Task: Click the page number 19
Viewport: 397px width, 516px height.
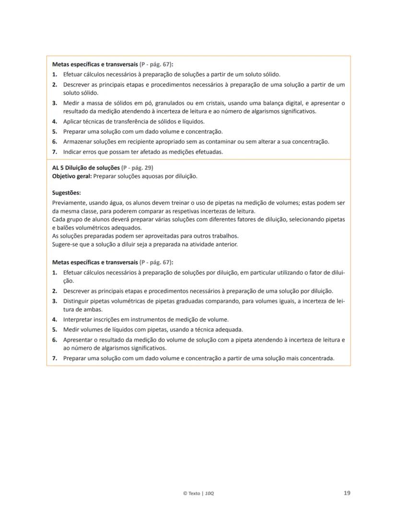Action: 347,493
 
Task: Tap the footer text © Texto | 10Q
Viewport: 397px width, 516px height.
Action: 198,493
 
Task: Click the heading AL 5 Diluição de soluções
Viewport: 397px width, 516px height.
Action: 86,168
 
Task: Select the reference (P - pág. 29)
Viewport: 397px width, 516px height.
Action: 138,168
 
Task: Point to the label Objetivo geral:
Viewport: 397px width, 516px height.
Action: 72,176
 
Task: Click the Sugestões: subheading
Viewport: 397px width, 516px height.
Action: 66,193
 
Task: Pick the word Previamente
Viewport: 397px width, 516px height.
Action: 70,203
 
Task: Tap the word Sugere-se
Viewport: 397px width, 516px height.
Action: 65,244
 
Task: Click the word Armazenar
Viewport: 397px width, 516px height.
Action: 78,142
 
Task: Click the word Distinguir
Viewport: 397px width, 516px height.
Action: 77,301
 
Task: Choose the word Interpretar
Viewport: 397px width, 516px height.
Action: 79,319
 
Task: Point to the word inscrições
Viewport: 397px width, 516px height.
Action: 111,319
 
